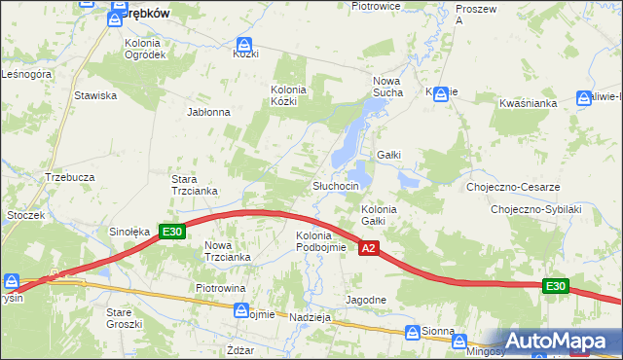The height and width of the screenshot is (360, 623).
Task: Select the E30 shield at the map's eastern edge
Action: pos(555,285)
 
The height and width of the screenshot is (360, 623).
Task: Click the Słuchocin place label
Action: pos(336,186)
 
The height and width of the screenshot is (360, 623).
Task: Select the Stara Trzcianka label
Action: pos(194,185)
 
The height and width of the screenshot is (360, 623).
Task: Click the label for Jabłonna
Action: pos(208,112)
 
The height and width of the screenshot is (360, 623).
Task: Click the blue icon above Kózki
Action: pos(244,45)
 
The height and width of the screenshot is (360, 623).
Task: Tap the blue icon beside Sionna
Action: pos(412,332)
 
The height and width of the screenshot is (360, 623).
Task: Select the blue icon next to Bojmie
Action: pos(241,310)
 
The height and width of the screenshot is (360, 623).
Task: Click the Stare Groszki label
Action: pos(125,318)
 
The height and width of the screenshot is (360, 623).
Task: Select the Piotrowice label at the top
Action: pos(377,6)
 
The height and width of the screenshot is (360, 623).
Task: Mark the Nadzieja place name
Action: pos(311,317)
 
